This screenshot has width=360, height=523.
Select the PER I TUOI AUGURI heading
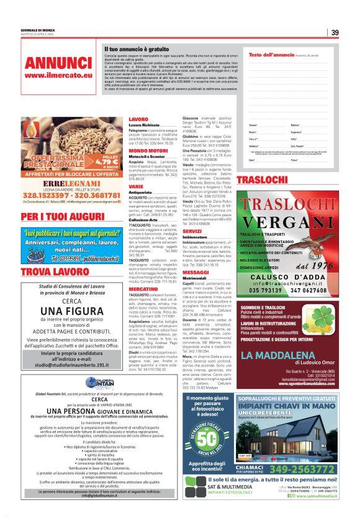[53, 216]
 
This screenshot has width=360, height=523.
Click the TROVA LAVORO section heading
[47, 272]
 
